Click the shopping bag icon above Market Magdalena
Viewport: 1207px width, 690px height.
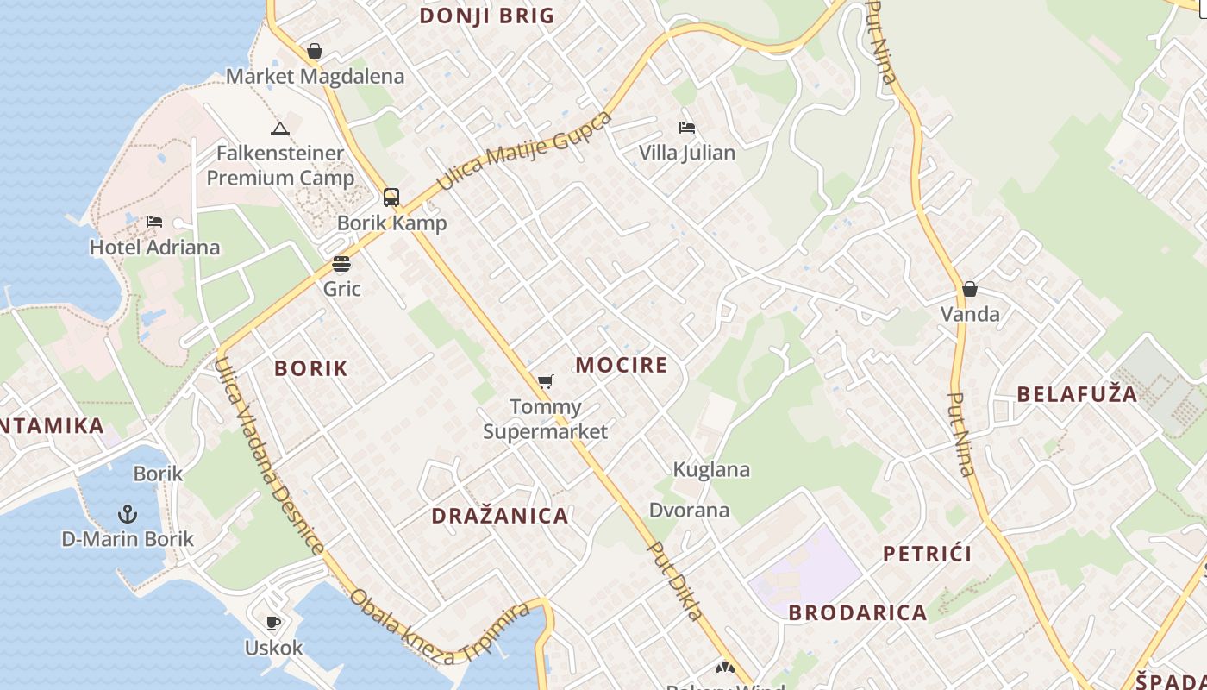[x=315, y=52]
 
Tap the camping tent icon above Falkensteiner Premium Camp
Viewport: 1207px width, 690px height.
[x=279, y=129]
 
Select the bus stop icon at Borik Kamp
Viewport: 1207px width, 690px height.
[x=391, y=198]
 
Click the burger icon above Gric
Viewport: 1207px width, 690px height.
[x=341, y=264]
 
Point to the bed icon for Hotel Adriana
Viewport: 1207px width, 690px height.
[x=154, y=222]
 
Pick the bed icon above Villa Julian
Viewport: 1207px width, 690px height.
[x=687, y=128]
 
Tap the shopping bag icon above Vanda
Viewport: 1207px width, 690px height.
[x=970, y=289]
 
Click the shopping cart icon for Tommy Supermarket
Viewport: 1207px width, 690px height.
[x=545, y=381]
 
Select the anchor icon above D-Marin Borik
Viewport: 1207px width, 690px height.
[x=128, y=515]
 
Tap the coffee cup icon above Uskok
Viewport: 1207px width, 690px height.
[x=273, y=623]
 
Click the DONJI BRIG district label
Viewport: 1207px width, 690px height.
[x=487, y=16]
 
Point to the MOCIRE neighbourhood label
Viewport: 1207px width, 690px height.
[x=622, y=365]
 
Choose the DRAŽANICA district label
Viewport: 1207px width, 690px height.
[x=500, y=516]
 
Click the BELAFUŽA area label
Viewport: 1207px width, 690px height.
[x=1077, y=394]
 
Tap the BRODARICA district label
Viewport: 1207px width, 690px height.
[x=858, y=612]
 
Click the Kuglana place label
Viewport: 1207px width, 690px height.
[x=711, y=470]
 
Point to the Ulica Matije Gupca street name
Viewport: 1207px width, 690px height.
[x=524, y=151]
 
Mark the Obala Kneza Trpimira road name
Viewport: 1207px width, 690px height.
[x=440, y=628]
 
